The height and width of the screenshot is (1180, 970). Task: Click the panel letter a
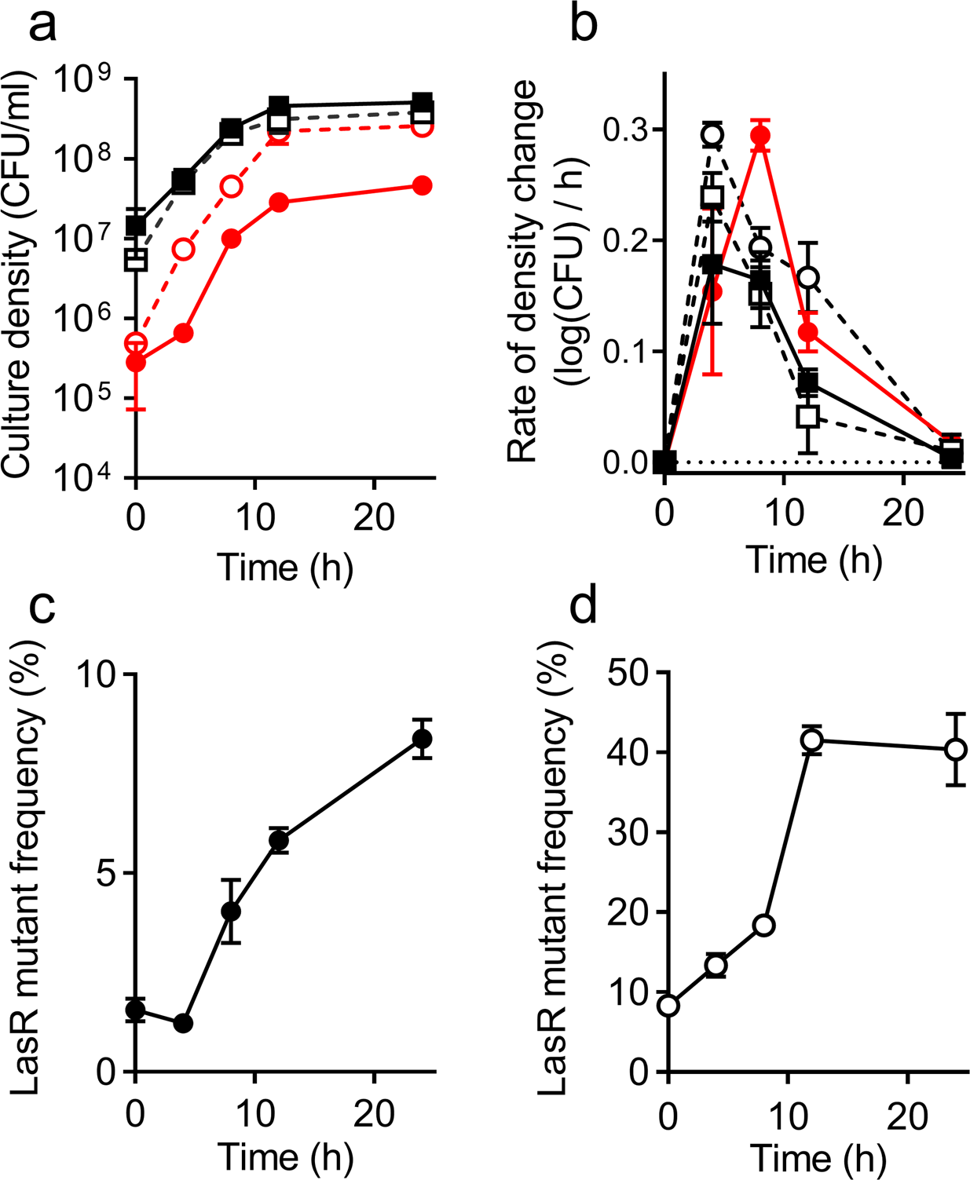[x=43, y=27]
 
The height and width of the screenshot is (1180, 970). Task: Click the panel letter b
[x=584, y=25]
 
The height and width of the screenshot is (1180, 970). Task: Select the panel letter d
[x=584, y=606]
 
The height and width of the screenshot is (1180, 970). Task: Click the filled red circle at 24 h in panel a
[x=422, y=185]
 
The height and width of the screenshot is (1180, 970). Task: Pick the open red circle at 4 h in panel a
[x=183, y=249]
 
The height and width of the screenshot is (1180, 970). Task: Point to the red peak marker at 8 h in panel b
[x=760, y=135]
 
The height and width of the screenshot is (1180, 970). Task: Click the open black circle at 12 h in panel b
[x=808, y=277]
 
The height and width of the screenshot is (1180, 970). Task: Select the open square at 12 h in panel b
[x=807, y=416]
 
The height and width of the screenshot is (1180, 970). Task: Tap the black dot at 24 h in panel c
[x=422, y=739]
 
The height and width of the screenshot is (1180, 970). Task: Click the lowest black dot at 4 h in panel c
[x=183, y=1023]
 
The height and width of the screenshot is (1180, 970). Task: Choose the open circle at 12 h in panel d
[x=811, y=740]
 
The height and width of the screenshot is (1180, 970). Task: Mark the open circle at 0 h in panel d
[x=668, y=1006]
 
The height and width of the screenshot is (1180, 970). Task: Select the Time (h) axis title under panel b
[x=814, y=561]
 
